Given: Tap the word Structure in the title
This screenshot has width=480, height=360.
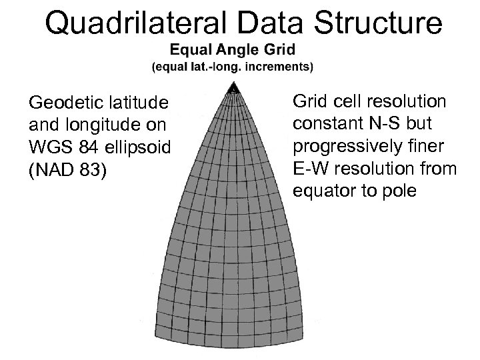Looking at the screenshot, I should pyautogui.click(x=380, y=23).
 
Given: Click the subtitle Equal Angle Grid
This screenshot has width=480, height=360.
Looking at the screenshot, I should pyautogui.click(x=233, y=50).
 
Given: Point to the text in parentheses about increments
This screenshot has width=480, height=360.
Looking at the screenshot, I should pyautogui.click(x=233, y=67).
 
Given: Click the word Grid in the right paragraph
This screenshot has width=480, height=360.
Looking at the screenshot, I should pyautogui.click(x=308, y=103).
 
